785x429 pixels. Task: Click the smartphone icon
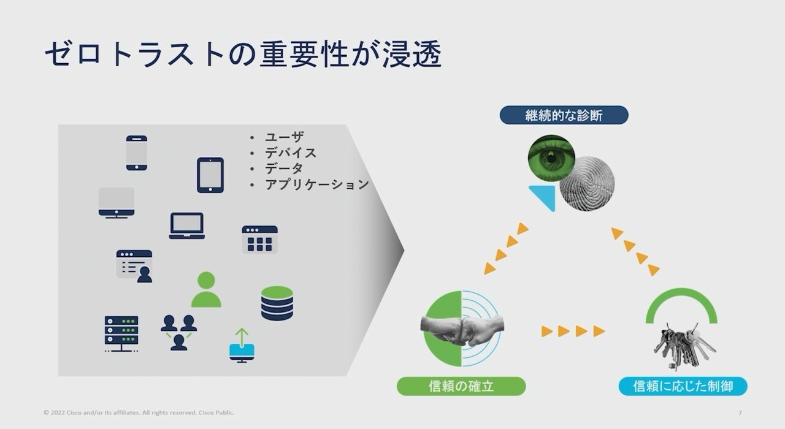(137, 153)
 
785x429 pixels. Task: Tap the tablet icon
(210, 175)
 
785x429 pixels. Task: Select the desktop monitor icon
(117, 203)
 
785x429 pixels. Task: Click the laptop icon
(187, 226)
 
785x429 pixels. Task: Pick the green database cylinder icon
(277, 303)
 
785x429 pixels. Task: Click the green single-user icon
(206, 290)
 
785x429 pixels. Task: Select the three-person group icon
(178, 333)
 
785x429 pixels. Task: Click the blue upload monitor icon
(242, 346)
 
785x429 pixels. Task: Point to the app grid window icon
(259, 240)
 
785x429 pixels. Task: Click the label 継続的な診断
(564, 115)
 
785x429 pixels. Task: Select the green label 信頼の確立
(461, 386)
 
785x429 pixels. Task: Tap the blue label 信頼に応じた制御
(683, 386)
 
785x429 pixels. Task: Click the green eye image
(551, 158)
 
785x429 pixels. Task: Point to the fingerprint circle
(588, 183)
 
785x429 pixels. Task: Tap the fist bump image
(462, 329)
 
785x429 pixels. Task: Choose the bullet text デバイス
(291, 153)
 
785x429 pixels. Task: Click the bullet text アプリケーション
(317, 184)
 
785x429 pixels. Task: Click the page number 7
(740, 413)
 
